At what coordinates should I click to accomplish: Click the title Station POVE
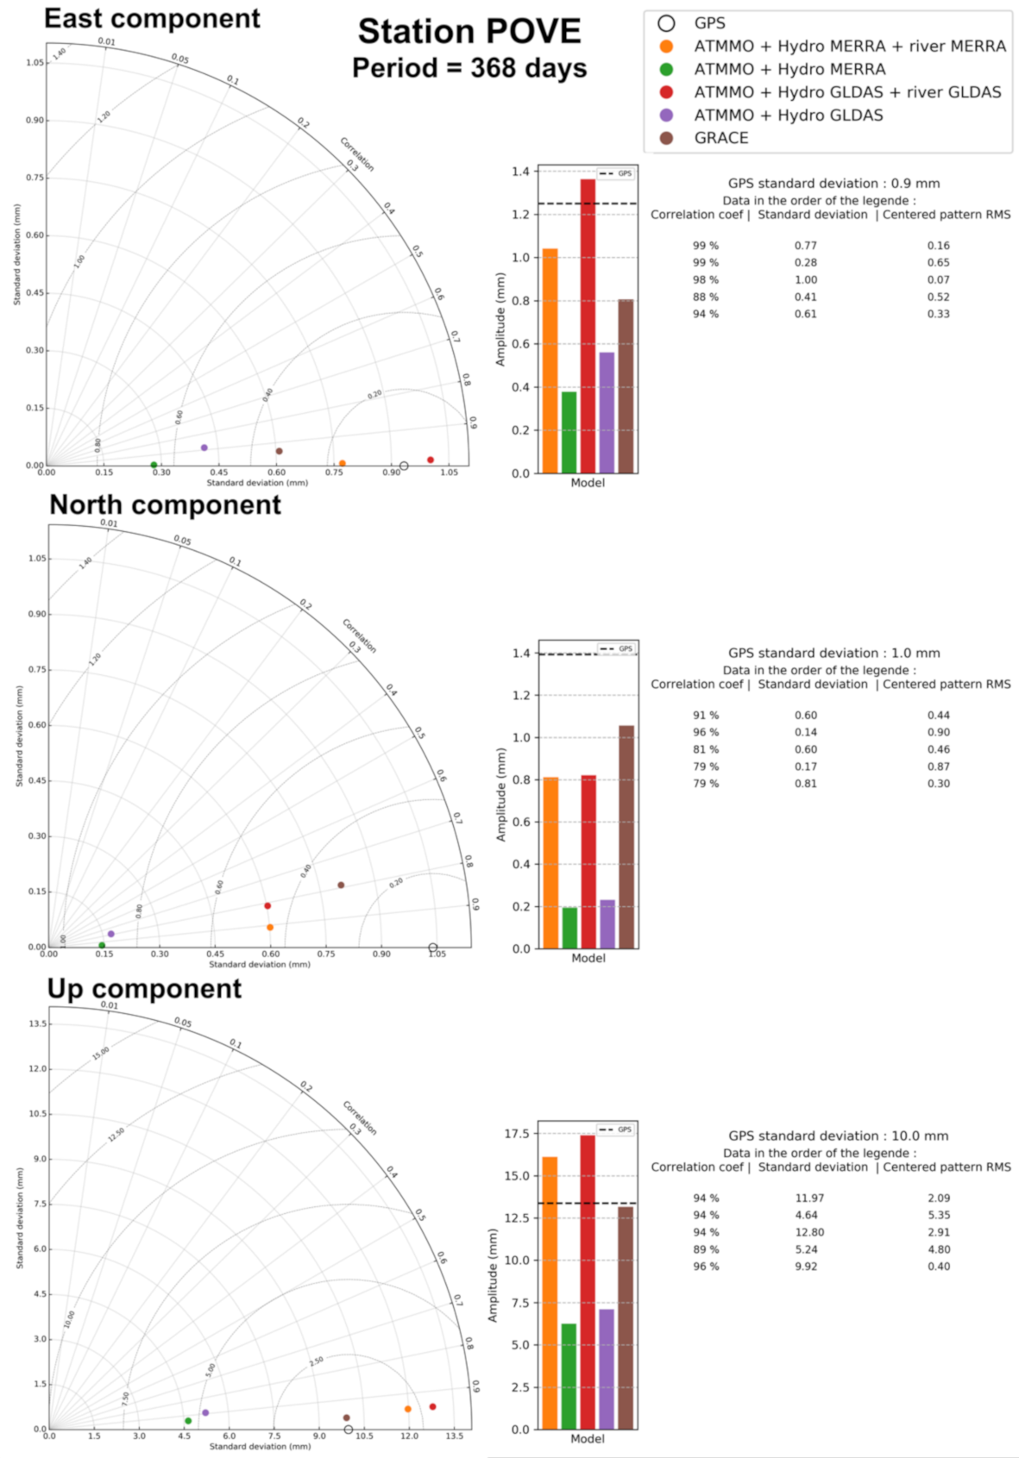point(469,32)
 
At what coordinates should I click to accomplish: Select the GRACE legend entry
point(720,138)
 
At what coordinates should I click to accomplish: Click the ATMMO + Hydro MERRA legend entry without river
point(789,69)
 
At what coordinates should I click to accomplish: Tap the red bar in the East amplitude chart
point(588,328)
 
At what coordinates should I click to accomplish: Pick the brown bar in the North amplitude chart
point(626,836)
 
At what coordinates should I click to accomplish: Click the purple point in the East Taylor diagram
point(204,447)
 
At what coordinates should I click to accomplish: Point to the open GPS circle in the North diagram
point(433,948)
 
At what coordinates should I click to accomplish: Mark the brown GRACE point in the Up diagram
point(347,1417)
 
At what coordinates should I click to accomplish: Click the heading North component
point(165,505)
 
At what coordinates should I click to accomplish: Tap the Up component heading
point(144,989)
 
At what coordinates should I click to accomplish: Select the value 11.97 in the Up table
point(809,1198)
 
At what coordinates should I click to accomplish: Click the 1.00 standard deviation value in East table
point(806,279)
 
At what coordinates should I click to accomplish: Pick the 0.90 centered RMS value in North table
point(939,732)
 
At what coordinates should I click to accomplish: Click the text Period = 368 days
point(469,68)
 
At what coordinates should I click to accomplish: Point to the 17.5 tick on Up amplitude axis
point(517,1134)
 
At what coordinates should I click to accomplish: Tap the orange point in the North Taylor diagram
point(270,928)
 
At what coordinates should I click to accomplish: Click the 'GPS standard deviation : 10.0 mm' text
point(838,1136)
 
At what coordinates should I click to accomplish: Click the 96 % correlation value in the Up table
point(706,1267)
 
